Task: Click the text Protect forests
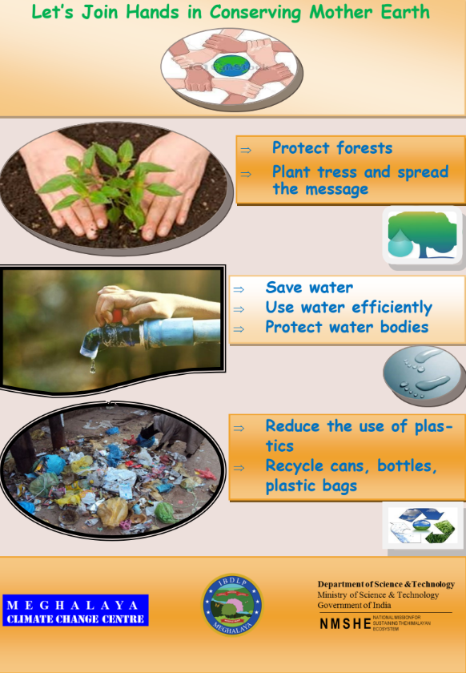point(331,148)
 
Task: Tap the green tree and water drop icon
point(421,236)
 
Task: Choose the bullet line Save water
point(309,288)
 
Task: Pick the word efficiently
point(392,308)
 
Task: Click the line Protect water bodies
point(347,327)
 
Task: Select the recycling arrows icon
point(423,526)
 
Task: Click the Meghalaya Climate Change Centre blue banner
point(75,611)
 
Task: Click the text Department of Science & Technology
point(378,585)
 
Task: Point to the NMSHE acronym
point(345,623)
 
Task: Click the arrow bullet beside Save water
point(238,288)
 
